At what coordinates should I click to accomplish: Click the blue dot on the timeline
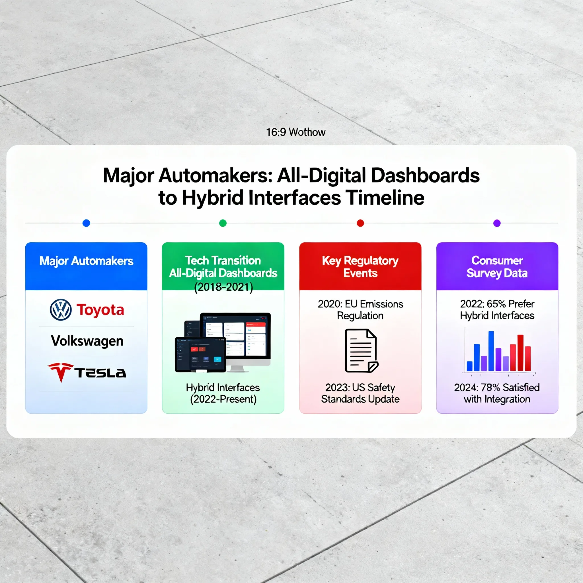point(86,223)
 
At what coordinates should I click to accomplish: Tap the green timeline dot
point(223,223)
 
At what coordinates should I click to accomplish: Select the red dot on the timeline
point(360,223)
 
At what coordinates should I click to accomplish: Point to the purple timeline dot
point(497,223)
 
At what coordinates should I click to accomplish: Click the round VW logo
point(61,310)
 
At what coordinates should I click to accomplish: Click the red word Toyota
point(100,310)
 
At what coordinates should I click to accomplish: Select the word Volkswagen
point(87,341)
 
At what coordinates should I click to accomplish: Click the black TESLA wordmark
point(100,373)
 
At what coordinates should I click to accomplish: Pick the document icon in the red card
point(362,351)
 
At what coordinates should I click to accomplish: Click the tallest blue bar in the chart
point(491,351)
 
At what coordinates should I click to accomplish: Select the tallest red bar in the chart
point(520,353)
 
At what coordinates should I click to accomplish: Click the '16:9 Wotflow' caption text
point(296,132)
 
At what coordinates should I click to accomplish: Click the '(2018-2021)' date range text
point(223,287)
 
